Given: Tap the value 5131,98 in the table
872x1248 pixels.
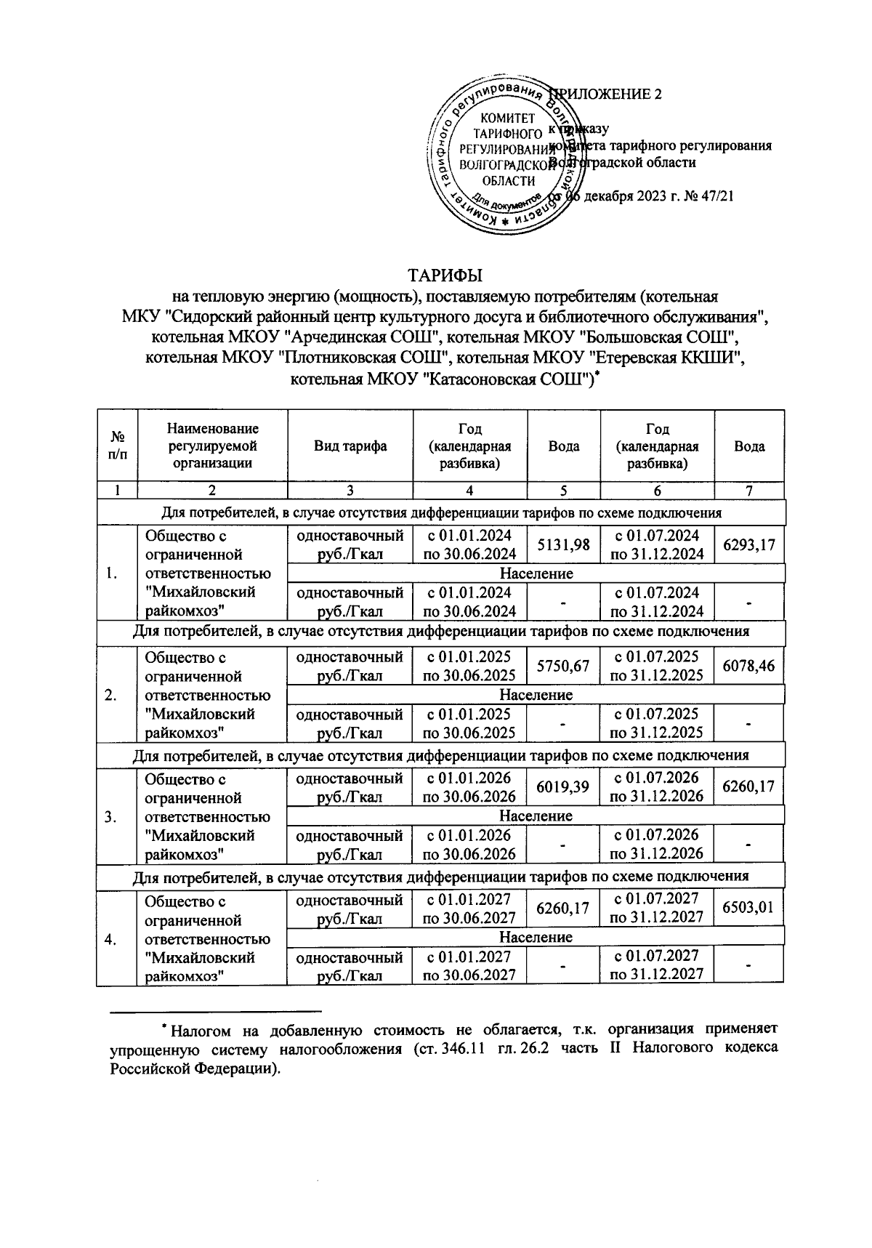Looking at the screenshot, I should pos(563,545).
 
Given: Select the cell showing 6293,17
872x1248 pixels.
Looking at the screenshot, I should pos(749,544).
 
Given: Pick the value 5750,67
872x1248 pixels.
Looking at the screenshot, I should pos(563,666).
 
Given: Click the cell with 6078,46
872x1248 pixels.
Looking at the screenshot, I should pos(749,665).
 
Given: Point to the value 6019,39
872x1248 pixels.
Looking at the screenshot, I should pos(563,787).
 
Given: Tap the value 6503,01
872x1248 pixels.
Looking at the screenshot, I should pos(749,908).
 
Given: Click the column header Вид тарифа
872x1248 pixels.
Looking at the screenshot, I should pos(350,446).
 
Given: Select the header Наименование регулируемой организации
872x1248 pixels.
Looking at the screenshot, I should pos(212,446).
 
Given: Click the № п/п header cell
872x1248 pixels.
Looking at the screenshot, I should pos(116,446).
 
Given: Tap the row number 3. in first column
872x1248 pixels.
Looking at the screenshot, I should pos(111,816).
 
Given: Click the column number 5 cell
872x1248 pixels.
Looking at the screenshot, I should pos(563,491).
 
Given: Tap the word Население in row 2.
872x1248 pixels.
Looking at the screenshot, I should pos(536,695).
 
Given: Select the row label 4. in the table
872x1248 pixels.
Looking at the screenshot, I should pos(111,938).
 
